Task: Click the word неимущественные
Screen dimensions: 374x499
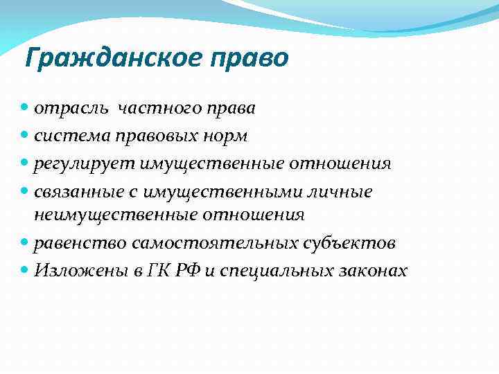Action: click(x=116, y=215)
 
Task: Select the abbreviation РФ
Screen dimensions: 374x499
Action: click(x=195, y=270)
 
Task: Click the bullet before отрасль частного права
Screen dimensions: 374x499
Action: click(x=26, y=109)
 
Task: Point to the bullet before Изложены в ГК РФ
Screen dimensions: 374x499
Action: click(x=26, y=270)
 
